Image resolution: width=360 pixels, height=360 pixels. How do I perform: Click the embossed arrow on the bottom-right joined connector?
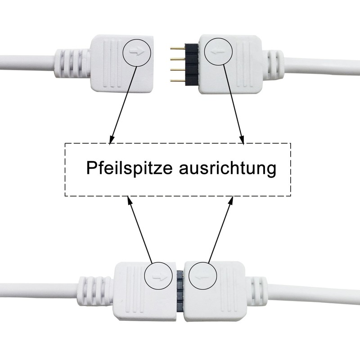[202, 276]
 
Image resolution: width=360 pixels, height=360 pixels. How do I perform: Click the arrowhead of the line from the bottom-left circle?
[129, 198]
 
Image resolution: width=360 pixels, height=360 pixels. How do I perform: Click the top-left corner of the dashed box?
[66, 144]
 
